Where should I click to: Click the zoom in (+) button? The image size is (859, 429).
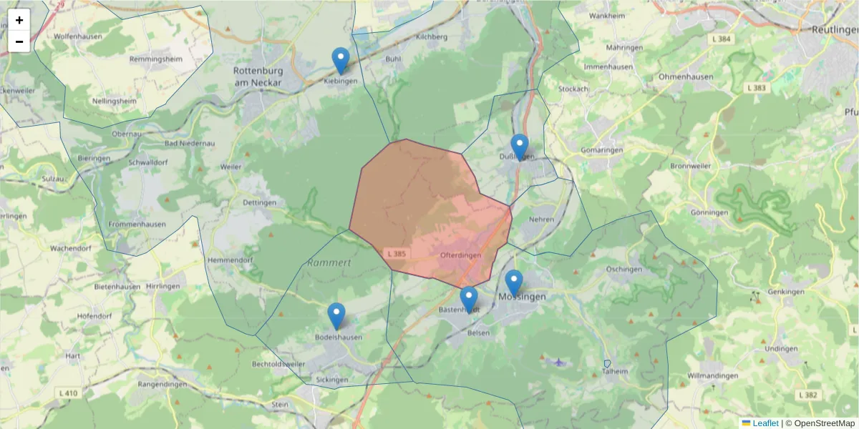[19, 20]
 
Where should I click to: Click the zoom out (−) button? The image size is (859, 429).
[19, 41]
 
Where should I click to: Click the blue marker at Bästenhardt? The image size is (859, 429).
[468, 300]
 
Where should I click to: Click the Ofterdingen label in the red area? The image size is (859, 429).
[460, 255]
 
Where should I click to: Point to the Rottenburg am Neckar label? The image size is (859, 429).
[258, 77]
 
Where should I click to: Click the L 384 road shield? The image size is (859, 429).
[721, 38]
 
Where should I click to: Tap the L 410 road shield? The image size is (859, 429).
[68, 393]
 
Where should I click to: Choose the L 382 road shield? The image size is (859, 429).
[806, 395]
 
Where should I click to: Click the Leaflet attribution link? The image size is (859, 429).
[765, 423]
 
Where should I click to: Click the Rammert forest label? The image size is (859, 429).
[329, 262]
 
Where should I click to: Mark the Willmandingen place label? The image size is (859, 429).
[712, 375]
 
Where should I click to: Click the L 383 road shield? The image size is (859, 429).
[756, 88]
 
